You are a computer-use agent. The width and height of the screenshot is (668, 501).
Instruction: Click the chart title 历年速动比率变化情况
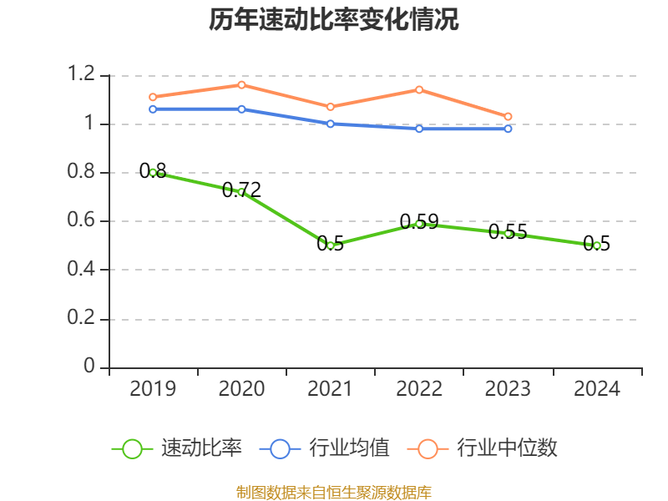[334, 20]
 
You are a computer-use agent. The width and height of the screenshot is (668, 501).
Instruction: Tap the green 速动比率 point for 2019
[153, 172]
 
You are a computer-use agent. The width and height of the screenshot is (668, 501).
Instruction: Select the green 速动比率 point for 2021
[331, 245]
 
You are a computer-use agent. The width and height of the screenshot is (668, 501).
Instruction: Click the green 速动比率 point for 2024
[597, 245]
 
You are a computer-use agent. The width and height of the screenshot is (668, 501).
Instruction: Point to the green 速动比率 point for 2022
[419, 224]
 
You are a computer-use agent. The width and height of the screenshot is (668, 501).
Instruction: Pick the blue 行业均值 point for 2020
[241, 109]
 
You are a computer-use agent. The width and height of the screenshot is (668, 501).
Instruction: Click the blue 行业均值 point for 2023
[508, 129]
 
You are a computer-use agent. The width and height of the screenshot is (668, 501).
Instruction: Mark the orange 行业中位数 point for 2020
[241, 84]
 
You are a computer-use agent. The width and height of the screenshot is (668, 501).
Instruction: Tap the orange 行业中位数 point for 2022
[419, 89]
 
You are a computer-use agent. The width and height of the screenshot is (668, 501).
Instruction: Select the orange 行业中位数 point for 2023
[508, 116]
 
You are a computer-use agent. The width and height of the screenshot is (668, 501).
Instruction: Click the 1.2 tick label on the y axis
[83, 75]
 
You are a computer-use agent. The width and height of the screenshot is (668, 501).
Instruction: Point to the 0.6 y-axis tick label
[83, 221]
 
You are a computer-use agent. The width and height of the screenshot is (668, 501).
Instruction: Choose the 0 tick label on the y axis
[90, 367]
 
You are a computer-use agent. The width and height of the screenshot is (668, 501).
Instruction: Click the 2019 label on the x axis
[153, 389]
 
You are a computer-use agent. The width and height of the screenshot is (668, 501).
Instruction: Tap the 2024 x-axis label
[597, 389]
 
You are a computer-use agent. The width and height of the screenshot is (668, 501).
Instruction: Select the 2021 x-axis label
[331, 389]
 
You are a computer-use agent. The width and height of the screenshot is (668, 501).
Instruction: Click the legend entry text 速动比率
[201, 448]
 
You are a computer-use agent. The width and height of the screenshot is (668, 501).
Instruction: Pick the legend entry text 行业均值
[349, 448]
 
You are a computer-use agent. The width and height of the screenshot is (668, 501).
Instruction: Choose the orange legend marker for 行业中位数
[428, 448]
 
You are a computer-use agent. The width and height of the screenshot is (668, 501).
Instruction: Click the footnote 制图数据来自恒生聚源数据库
[334, 492]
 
